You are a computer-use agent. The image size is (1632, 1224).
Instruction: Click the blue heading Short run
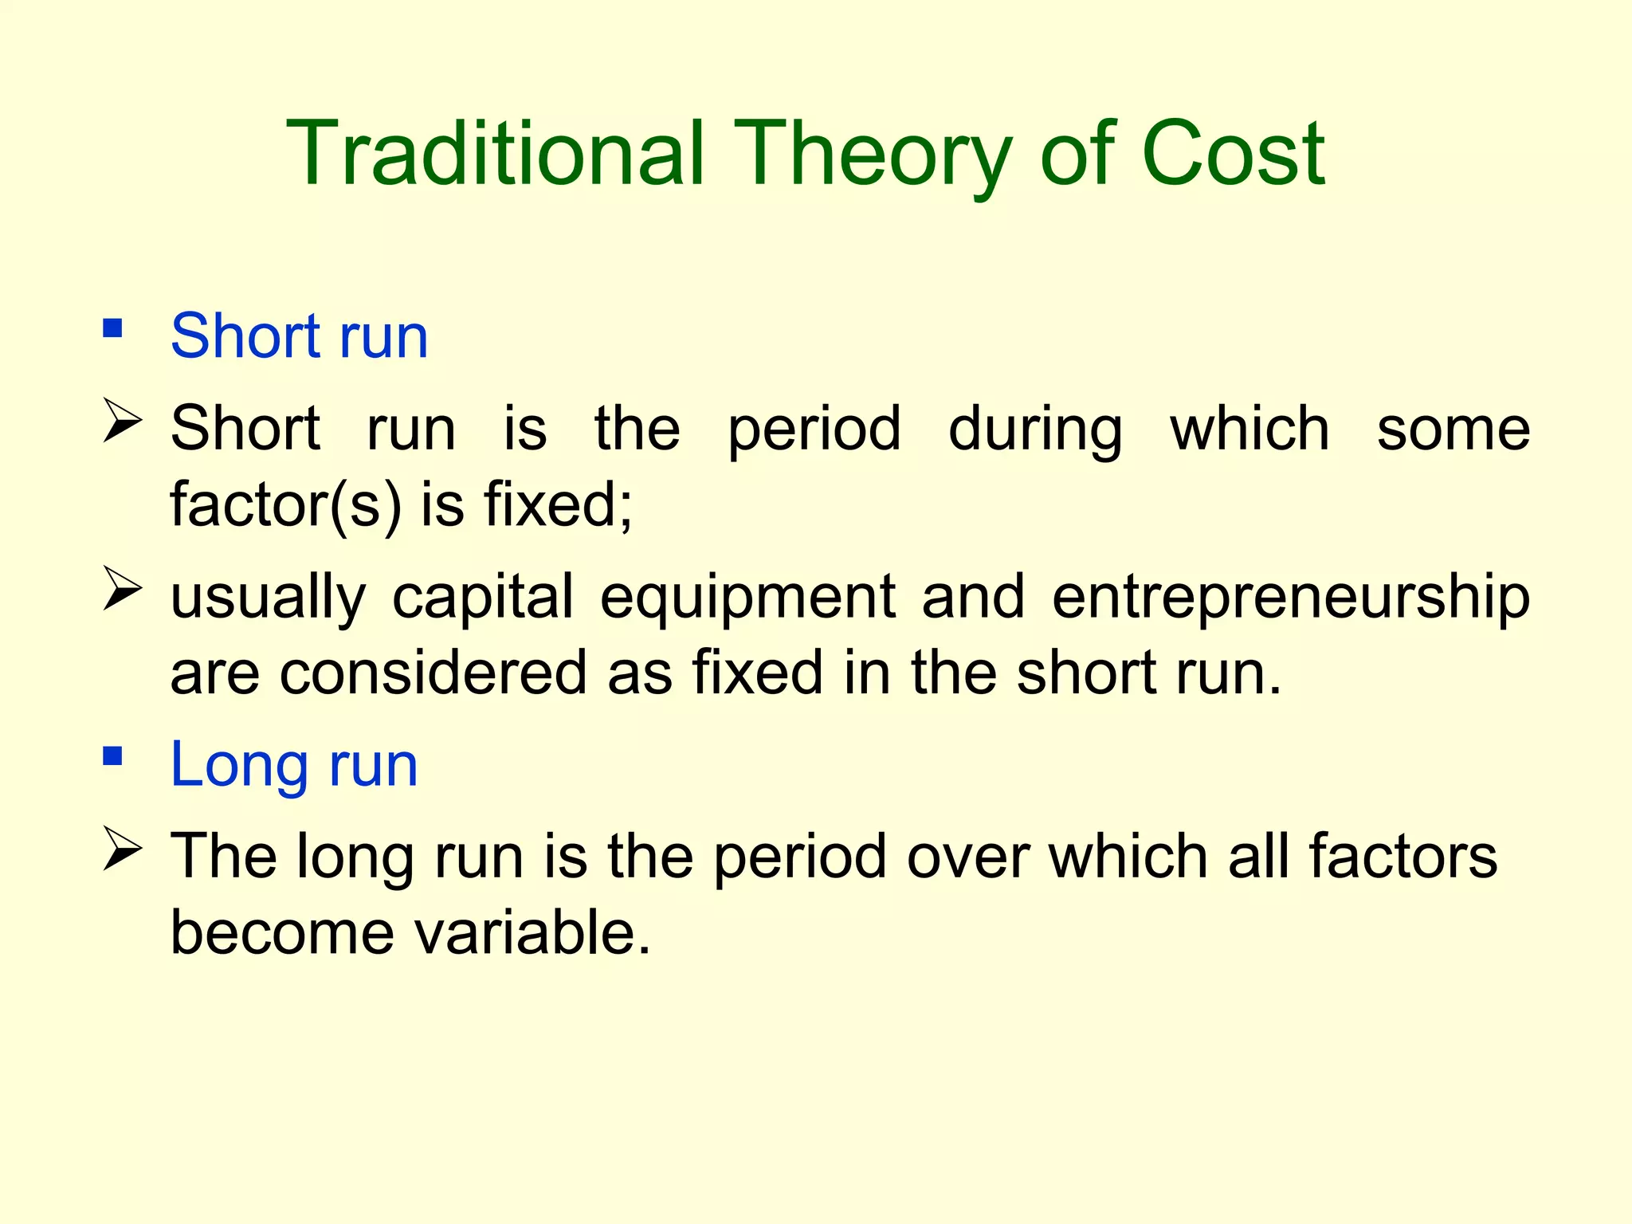299,336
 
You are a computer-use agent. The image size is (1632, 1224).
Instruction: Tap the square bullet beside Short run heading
112,328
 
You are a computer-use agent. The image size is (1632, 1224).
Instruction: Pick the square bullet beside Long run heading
112,755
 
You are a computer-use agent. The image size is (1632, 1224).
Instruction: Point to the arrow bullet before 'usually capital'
123,590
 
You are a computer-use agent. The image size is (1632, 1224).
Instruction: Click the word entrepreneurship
1290,598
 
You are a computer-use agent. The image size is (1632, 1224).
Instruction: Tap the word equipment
747,598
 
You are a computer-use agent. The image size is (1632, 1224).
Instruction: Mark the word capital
482,598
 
